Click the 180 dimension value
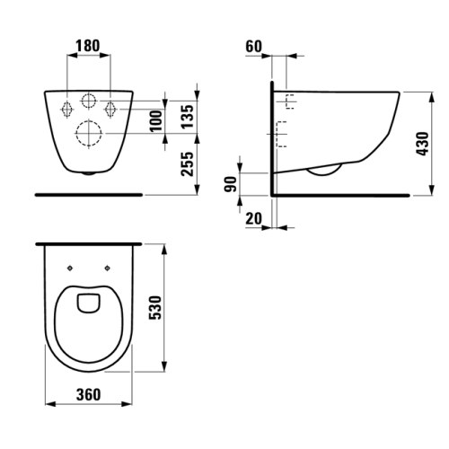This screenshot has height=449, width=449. (x=88, y=44)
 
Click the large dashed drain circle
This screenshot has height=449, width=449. (x=89, y=135)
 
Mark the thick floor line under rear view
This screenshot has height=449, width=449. (x=89, y=193)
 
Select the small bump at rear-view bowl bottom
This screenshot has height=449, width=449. (x=88, y=173)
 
